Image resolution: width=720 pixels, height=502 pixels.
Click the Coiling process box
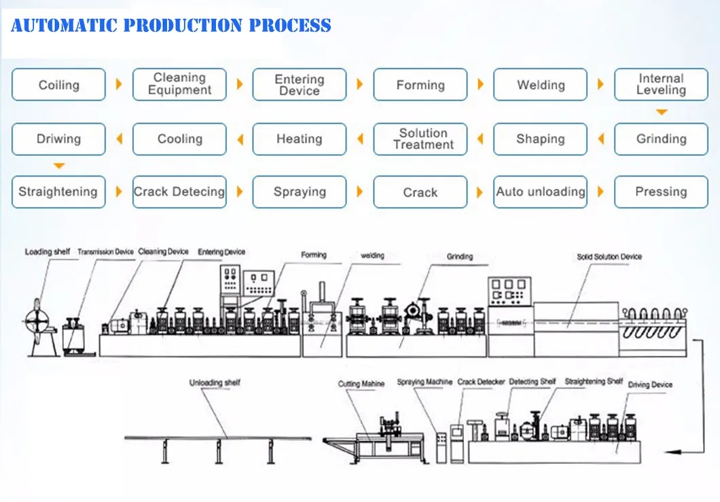(58, 85)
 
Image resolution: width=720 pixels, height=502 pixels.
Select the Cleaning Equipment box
(179, 85)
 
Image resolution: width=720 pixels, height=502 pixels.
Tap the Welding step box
(540, 85)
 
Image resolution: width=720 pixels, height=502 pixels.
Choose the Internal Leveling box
(660, 85)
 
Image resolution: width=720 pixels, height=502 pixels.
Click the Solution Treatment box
(420, 139)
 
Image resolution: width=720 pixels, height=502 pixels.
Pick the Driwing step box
(58, 139)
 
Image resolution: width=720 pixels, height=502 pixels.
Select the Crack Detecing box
(179, 192)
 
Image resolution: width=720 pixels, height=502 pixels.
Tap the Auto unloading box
(540, 192)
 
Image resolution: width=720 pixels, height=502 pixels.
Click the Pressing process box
(660, 192)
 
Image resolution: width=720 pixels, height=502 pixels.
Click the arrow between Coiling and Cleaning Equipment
(119, 85)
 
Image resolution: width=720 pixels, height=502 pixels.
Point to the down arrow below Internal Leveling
(661, 112)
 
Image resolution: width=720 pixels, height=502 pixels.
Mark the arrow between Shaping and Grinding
(600, 139)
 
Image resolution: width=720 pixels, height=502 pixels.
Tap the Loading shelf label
(48, 252)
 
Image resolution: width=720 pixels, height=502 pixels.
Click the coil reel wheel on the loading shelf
(38, 319)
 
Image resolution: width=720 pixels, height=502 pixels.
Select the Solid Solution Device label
(609, 257)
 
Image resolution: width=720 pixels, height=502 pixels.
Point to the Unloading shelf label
(214, 383)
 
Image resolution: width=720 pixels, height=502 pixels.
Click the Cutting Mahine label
(361, 384)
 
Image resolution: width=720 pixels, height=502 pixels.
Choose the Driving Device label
(650, 384)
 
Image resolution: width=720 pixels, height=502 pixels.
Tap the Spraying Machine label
(425, 382)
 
